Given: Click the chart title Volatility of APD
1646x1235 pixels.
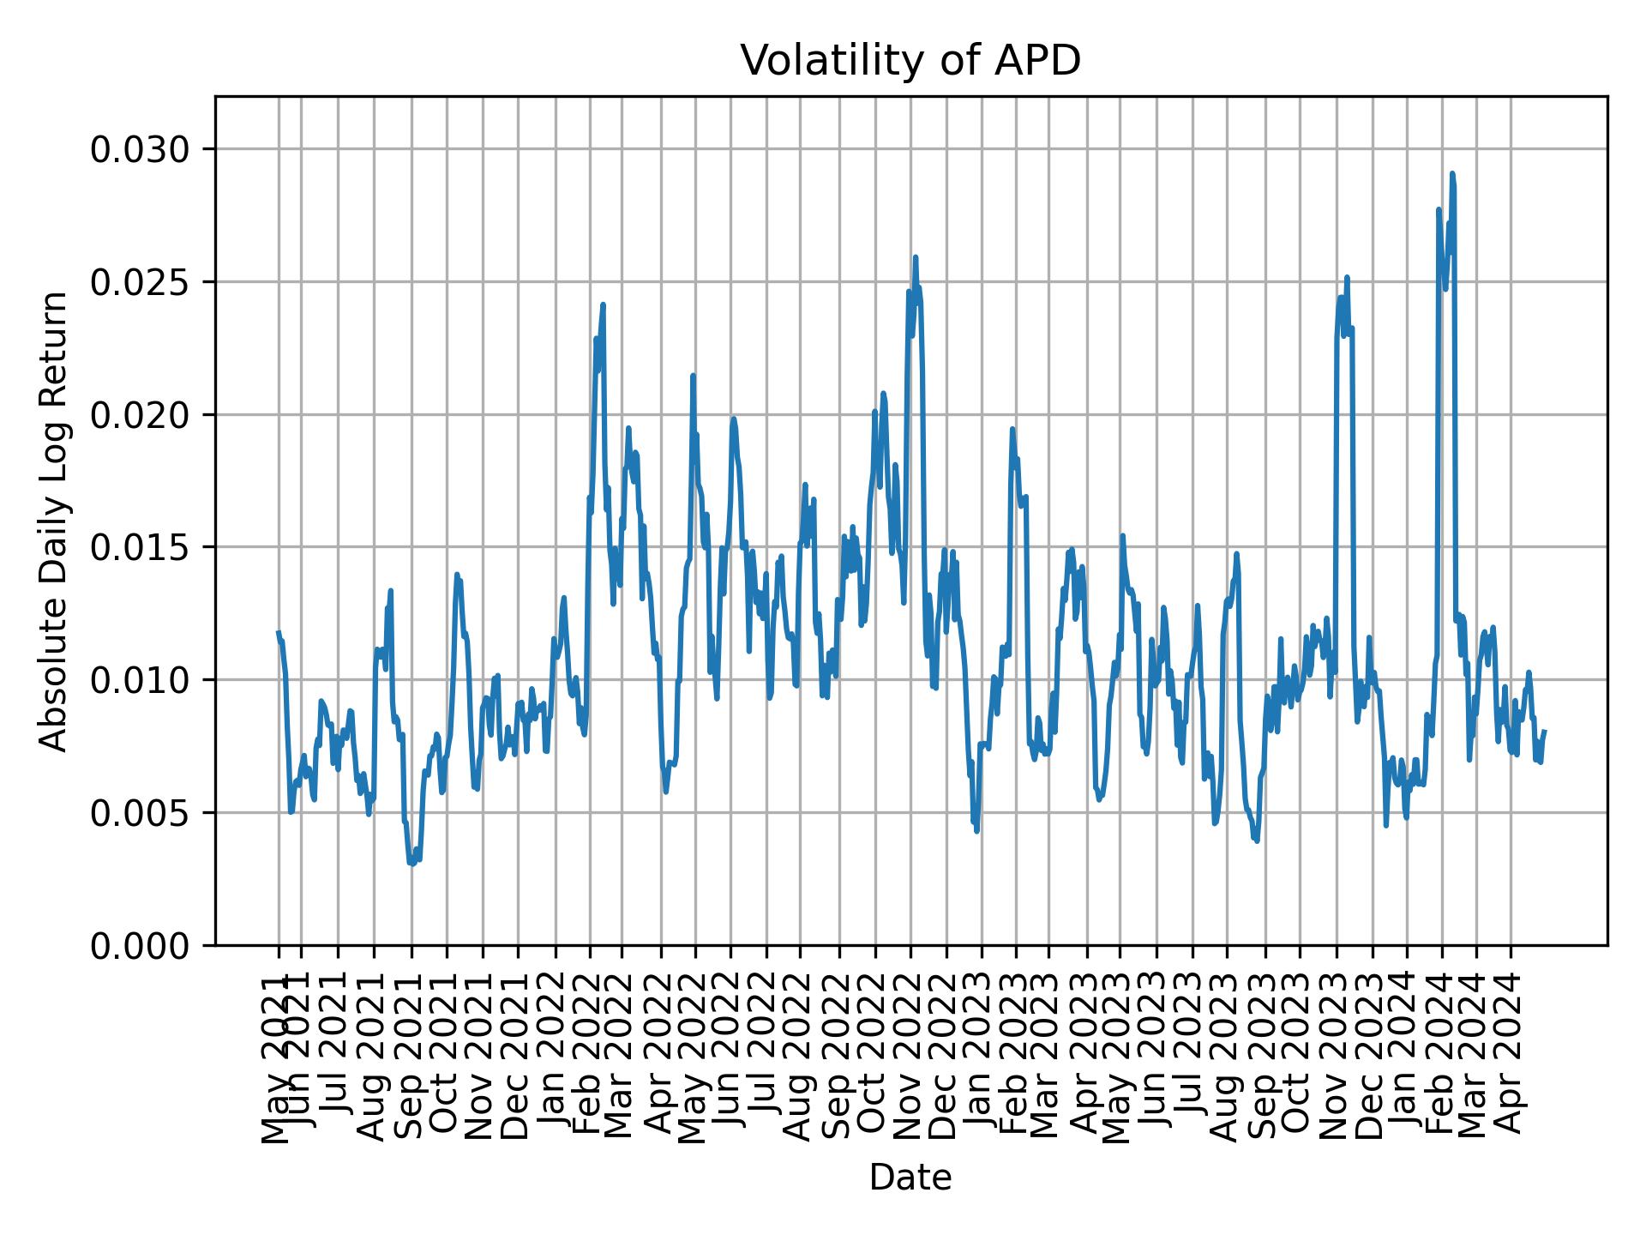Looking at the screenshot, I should [910, 62].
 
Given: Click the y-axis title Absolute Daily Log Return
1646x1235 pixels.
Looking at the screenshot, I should [55, 521].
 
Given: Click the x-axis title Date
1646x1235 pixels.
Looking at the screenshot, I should [910, 1178].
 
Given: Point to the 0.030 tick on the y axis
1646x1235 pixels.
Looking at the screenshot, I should [140, 150].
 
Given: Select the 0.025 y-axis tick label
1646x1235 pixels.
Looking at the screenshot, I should [140, 282].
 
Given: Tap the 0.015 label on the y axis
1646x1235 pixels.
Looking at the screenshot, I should [140, 547].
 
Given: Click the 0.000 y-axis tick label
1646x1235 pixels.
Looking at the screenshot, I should [140, 945].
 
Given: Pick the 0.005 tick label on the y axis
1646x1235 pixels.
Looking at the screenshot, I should [140, 812].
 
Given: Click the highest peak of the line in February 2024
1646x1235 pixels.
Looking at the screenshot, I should [1451, 174].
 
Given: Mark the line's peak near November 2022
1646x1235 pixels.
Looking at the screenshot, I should [915, 257].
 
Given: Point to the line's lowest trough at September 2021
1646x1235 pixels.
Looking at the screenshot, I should [411, 864].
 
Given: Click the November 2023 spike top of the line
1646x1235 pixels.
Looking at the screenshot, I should [1347, 277].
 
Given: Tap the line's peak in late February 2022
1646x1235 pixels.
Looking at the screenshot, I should [603, 304].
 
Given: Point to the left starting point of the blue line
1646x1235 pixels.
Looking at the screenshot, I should [278, 632].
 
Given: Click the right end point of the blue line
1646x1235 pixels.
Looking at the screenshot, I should [1544, 732].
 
